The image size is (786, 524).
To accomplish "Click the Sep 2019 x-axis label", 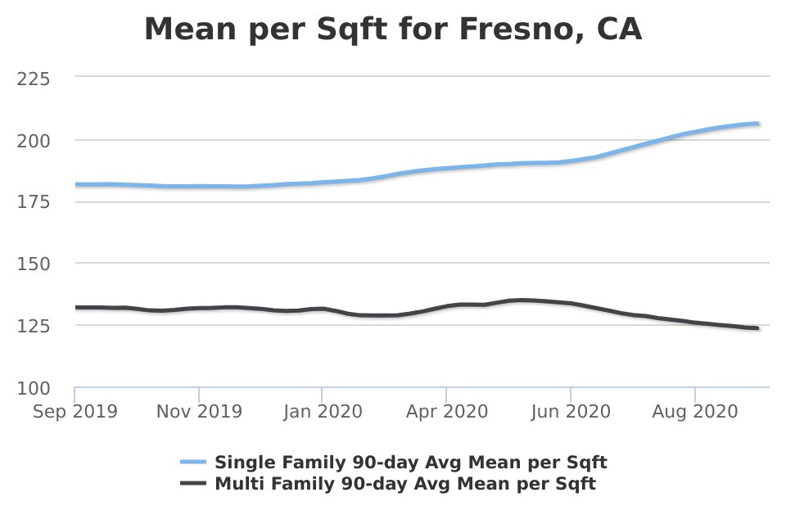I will coord(75,411).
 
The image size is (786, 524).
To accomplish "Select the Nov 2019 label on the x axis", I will coord(199,411).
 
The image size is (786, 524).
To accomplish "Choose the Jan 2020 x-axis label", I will coord(323,411).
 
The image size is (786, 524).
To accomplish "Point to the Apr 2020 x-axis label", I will coord(447,411).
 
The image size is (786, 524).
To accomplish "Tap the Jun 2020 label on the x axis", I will coord(571,411).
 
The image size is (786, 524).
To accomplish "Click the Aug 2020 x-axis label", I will coord(695,411).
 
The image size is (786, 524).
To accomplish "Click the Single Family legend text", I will coord(410,462).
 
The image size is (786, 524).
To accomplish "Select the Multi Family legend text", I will coord(404,484).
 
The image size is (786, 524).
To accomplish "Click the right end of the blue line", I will coord(757,124).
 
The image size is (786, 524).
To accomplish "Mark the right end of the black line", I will coord(757,328).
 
